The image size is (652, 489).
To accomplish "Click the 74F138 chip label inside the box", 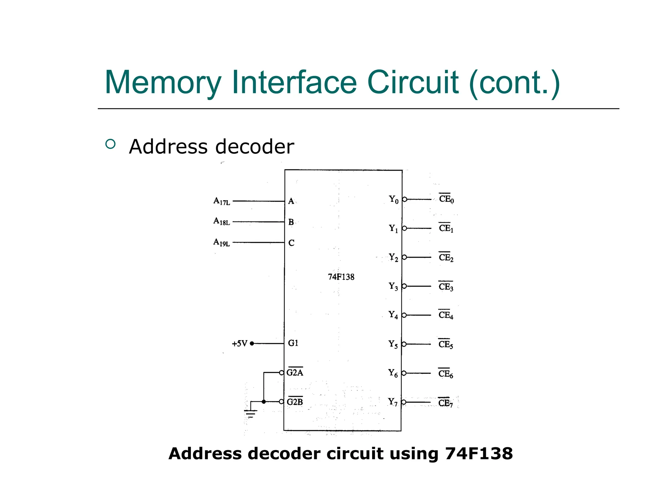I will click(341, 277).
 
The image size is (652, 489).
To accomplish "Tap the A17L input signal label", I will click(222, 201).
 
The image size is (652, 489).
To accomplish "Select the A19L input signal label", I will click(222, 242).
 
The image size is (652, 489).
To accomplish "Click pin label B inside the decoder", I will click(291, 222).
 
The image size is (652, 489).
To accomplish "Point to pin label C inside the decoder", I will click(291, 243).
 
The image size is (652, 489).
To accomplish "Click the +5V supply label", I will click(239, 344).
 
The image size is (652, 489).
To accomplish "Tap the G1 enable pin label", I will click(293, 343).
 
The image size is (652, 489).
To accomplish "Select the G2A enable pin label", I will click(295, 372).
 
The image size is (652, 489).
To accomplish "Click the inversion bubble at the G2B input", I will click(281, 402).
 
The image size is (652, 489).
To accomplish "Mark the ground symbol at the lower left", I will click(251, 413).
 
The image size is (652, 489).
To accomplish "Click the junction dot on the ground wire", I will click(264, 402).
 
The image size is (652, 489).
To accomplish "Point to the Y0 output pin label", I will click(394, 200).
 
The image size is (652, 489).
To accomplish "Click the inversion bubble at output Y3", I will click(404, 286).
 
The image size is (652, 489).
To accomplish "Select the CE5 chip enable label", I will click(446, 344).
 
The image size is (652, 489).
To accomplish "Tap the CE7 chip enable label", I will click(445, 403).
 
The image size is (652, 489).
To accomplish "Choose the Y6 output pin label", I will click(393, 373).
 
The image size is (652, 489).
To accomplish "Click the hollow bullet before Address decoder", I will click(110, 144).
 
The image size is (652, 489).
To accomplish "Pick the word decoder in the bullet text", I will click(255, 147).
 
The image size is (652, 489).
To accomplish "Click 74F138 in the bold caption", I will click(479, 453).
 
